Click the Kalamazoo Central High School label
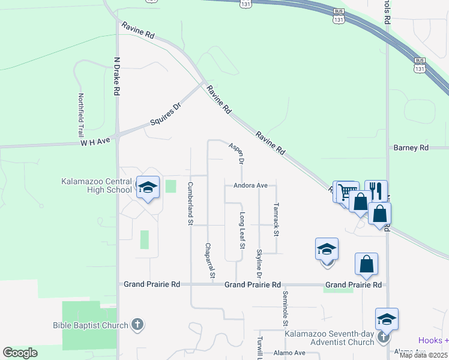(x=96, y=186)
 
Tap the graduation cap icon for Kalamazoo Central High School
(x=148, y=188)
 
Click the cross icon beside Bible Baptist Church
(x=137, y=325)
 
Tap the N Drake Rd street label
(x=117, y=77)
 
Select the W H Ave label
(x=96, y=142)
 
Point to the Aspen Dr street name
(x=236, y=154)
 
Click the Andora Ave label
(x=250, y=186)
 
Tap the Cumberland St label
(x=190, y=203)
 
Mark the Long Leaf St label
(x=243, y=230)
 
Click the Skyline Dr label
(x=259, y=264)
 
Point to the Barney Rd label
(x=411, y=148)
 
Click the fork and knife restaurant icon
(x=376, y=191)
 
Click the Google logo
(x=20, y=353)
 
